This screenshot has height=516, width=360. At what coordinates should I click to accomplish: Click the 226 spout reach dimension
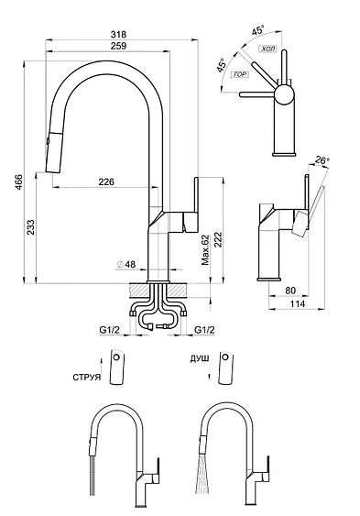(106, 182)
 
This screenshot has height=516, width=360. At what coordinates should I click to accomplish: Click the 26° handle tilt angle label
(322, 160)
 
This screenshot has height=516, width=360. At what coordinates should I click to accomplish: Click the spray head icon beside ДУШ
(225, 369)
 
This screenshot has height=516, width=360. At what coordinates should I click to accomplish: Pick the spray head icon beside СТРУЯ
(115, 369)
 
